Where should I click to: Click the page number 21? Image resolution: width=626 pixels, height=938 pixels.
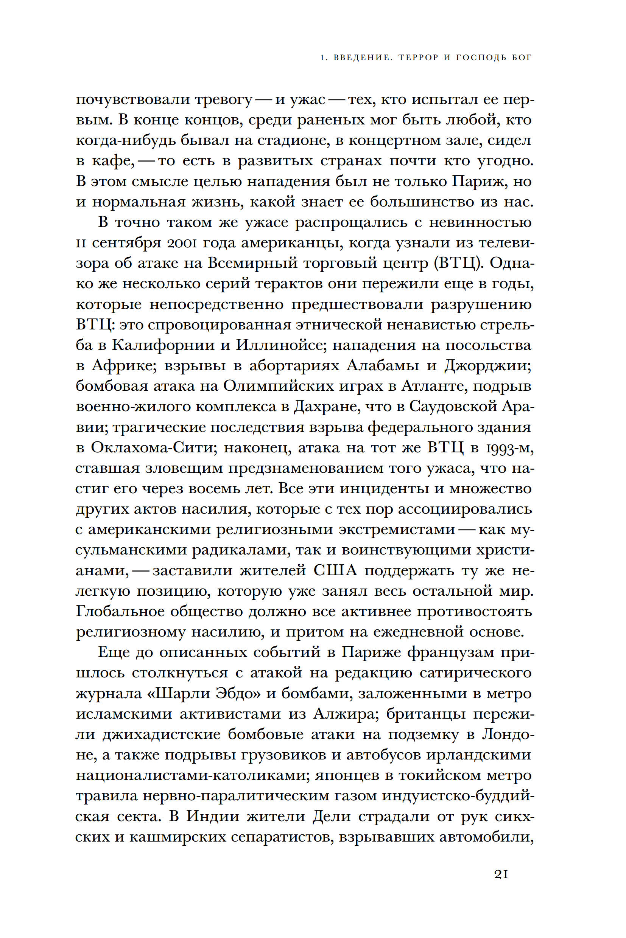point(501,874)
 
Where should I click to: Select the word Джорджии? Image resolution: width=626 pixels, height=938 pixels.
point(487,366)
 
